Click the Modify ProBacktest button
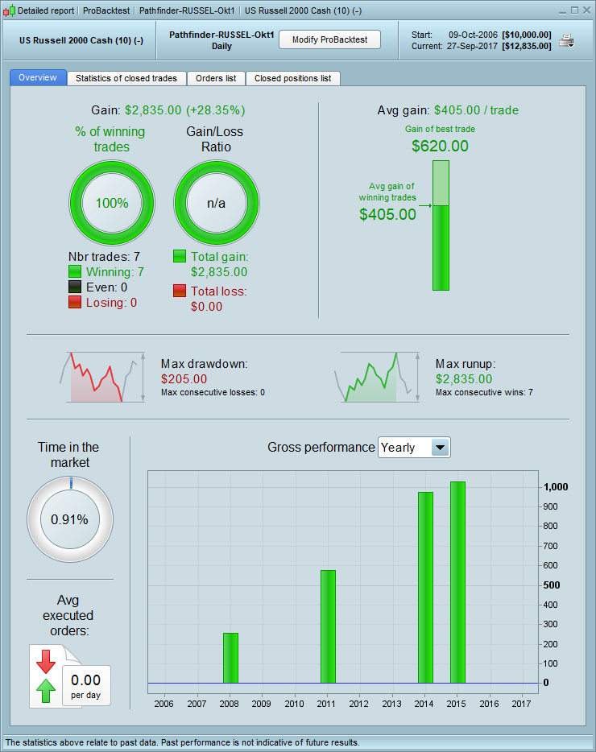pyautogui.click(x=329, y=39)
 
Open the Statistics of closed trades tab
pyautogui.click(x=127, y=78)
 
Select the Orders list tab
pyautogui.click(x=216, y=78)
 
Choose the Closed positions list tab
pyautogui.click(x=292, y=78)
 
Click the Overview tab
pyautogui.click(x=38, y=78)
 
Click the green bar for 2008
pyautogui.click(x=230, y=658)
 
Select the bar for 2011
pyautogui.click(x=328, y=626)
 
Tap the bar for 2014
pyautogui.click(x=425, y=587)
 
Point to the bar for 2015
pyautogui.click(x=457, y=582)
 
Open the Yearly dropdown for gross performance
pyautogui.click(x=440, y=448)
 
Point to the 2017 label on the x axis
pyautogui.click(x=522, y=703)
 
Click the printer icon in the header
pyautogui.click(x=566, y=40)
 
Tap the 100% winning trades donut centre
pyautogui.click(x=112, y=203)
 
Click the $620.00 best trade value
pyautogui.click(x=440, y=146)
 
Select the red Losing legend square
pyautogui.click(x=75, y=303)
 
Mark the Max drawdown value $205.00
pyautogui.click(x=184, y=378)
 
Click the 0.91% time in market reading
pyautogui.click(x=69, y=519)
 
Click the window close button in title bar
pyautogui.click(x=586, y=10)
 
